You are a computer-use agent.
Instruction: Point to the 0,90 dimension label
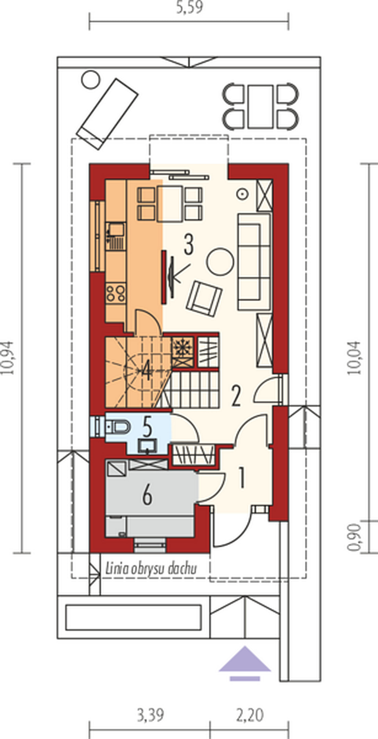354,538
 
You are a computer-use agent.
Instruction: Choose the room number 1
242,477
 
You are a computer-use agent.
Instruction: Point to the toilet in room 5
118,426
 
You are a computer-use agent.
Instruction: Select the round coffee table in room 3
220,262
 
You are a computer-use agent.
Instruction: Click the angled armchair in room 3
204,299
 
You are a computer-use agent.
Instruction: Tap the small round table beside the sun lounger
91,79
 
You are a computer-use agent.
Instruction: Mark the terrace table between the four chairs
260,106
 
